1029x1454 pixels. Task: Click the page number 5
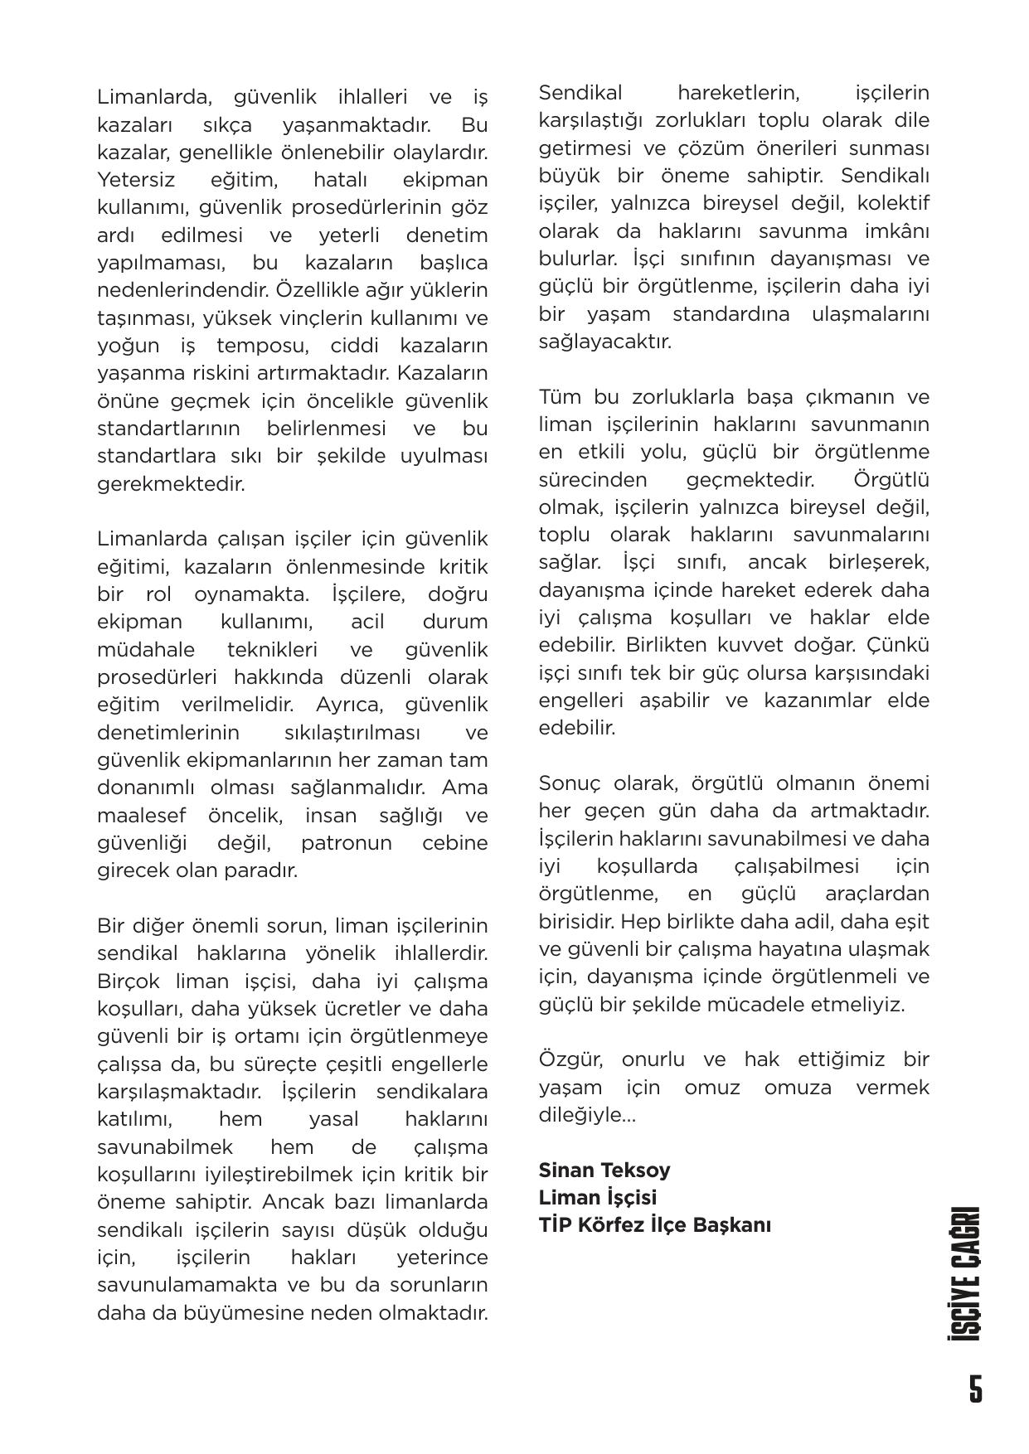click(975, 1388)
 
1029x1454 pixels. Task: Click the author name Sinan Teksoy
click(604, 1170)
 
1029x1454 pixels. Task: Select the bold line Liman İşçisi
click(597, 1197)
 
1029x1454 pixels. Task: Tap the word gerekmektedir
click(171, 484)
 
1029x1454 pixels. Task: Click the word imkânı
click(892, 230)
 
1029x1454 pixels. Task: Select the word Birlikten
click(667, 645)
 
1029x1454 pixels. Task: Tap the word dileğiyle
click(585, 1115)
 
